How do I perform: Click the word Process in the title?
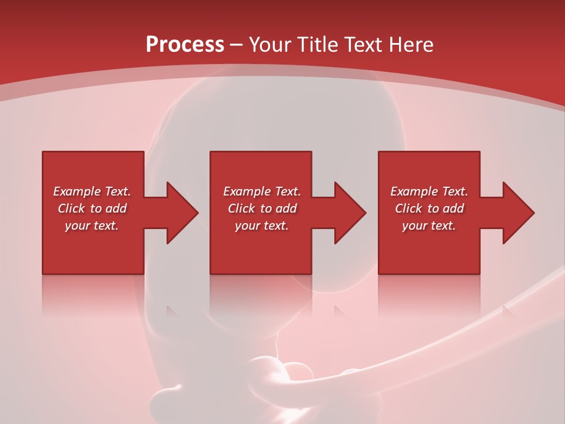click(x=185, y=45)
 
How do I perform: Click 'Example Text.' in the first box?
click(x=92, y=191)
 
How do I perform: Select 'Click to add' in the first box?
click(x=92, y=208)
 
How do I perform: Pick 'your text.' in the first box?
click(x=92, y=226)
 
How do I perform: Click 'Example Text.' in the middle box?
click(x=262, y=191)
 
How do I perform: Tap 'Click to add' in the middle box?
click(x=262, y=208)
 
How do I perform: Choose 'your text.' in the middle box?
click(x=262, y=226)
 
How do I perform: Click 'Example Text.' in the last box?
click(x=429, y=191)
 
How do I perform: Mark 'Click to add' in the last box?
click(x=429, y=208)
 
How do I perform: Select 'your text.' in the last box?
click(x=429, y=226)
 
